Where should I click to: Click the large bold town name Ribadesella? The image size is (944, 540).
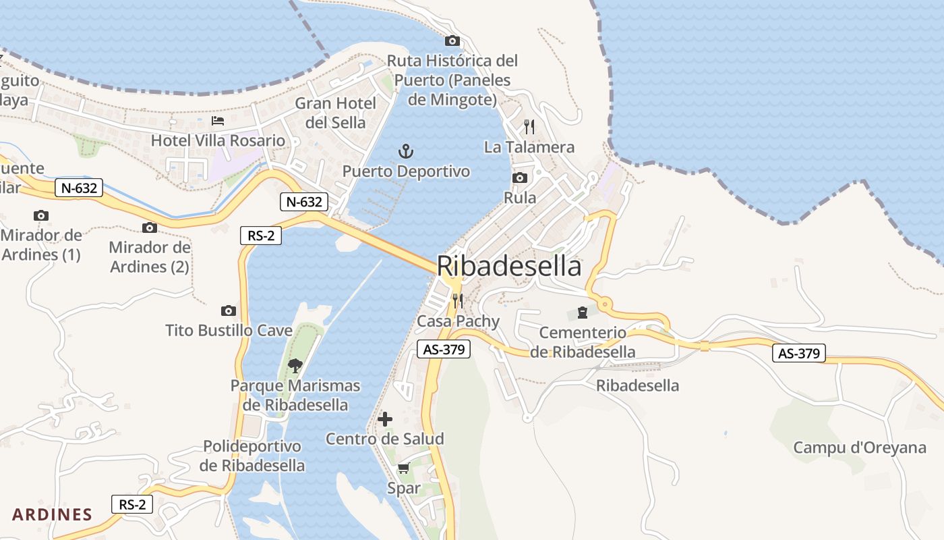[x=509, y=266]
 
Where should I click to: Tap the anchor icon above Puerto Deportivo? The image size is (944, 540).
[x=406, y=151]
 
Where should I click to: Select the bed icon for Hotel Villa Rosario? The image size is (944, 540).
[x=218, y=121]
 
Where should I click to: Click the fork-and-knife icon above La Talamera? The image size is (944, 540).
[x=529, y=126]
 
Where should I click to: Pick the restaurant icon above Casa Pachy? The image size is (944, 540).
[x=458, y=300]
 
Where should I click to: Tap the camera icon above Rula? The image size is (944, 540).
[x=520, y=178]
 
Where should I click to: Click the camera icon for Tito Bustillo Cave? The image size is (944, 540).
[x=229, y=310]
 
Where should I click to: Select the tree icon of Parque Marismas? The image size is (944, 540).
[x=295, y=366]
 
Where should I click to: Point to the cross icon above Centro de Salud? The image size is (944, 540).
[x=385, y=419]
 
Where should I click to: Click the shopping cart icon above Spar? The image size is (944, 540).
[x=403, y=468]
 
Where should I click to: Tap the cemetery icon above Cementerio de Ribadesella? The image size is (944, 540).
[x=582, y=313]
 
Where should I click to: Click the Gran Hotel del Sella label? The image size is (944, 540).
[x=336, y=113]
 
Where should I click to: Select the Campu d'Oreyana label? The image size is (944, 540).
[x=860, y=448]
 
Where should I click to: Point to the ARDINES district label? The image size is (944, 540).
[x=52, y=514]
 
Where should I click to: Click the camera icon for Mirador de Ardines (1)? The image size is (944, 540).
[x=41, y=215]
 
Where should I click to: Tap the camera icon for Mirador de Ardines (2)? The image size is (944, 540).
[x=150, y=227]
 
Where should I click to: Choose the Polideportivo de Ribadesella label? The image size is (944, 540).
[x=252, y=456]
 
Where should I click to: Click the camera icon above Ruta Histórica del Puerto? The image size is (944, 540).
[x=452, y=40]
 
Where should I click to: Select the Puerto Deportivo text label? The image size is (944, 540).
[x=406, y=171]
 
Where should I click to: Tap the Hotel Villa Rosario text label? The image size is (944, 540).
[x=218, y=140]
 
